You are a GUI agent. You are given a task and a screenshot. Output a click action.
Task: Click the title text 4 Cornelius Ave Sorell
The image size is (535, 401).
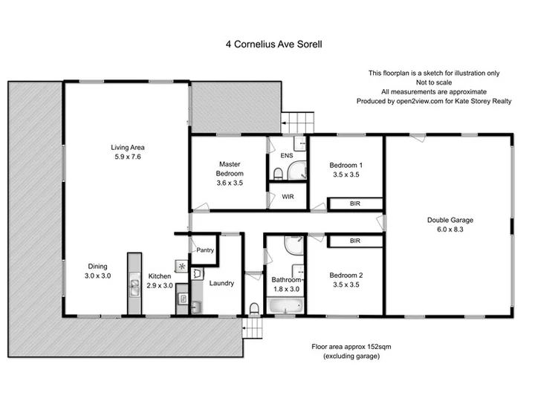click(274, 44)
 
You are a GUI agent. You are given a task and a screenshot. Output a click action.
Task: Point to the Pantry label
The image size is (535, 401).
click(205, 250)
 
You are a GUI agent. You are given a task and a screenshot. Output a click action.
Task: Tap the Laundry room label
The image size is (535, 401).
click(221, 283)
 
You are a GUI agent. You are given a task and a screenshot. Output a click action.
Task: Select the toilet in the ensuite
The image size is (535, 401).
click(277, 174)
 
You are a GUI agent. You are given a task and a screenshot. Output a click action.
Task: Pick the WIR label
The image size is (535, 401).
click(288, 197)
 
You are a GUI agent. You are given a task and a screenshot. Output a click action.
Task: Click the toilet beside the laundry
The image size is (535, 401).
click(254, 307)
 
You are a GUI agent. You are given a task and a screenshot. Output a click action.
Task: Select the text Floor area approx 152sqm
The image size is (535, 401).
click(351, 347)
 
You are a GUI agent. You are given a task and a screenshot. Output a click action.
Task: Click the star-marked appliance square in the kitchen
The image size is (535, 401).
click(181, 264)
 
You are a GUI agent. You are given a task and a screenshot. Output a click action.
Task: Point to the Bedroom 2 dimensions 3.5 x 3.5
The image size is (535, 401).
click(346, 284)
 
